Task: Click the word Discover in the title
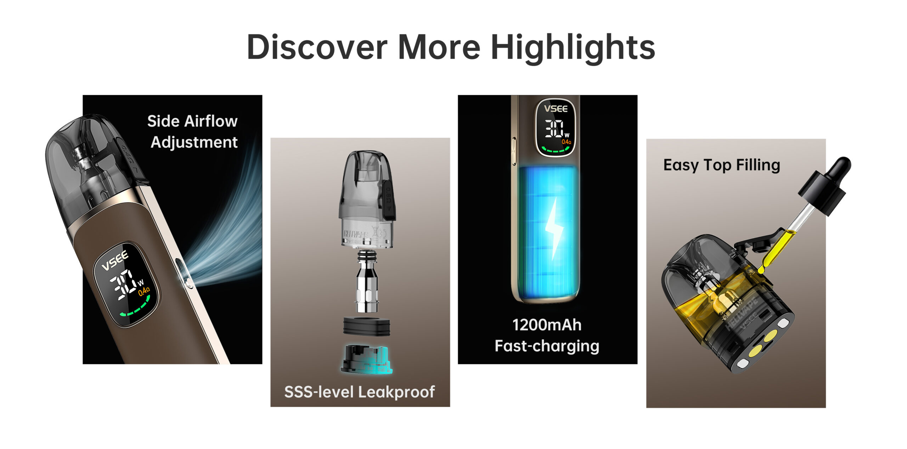click(x=317, y=47)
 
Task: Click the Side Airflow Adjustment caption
click(x=193, y=131)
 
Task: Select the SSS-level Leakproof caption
click(x=360, y=392)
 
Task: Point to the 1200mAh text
click(x=547, y=325)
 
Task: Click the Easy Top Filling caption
click(x=722, y=165)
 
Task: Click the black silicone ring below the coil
click(x=366, y=326)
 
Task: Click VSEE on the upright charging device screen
click(x=556, y=108)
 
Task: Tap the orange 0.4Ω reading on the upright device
click(x=566, y=142)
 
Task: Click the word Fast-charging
click(x=547, y=346)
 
